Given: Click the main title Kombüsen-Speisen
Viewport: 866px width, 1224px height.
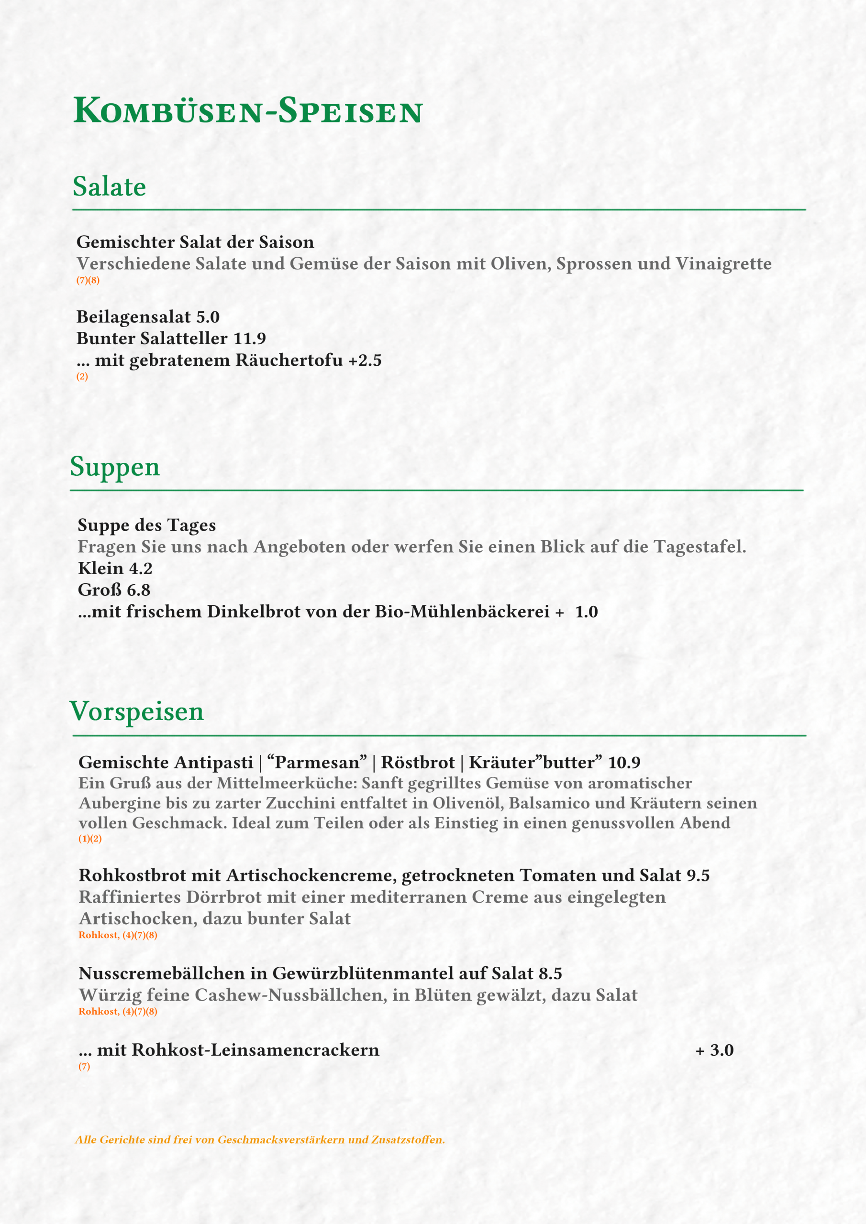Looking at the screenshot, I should [247, 111].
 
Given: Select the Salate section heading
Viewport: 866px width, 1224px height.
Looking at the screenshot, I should [110, 186].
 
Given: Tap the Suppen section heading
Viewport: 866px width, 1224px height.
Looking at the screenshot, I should [115, 467].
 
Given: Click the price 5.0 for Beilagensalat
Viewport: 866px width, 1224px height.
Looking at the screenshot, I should [208, 317].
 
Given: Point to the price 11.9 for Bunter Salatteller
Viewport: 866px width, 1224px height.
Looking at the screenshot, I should [250, 339].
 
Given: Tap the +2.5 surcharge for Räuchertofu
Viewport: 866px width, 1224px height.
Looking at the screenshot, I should [365, 361].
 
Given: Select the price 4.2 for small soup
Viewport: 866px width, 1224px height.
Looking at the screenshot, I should [141, 569].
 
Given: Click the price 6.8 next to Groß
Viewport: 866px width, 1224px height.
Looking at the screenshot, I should [139, 590].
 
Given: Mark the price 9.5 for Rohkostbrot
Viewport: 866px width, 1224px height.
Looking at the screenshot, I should [698, 875].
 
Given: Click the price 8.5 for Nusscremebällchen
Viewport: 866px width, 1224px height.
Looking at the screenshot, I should [551, 973].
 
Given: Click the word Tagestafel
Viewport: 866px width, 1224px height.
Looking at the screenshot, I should [699, 547].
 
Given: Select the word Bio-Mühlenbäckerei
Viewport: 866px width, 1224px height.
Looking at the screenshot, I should [462, 612].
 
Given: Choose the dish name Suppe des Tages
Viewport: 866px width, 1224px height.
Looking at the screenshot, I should [147, 525].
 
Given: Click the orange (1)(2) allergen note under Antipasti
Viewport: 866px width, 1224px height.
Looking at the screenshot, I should [90, 839].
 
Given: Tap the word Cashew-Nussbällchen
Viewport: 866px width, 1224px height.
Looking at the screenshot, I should [291, 995].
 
